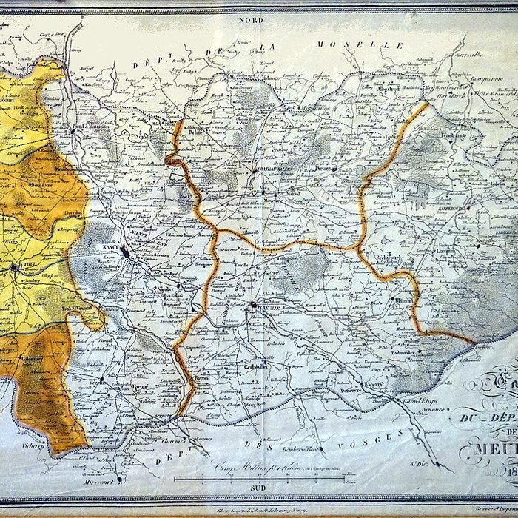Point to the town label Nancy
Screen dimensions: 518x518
[112, 250]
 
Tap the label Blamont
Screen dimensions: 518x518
[405, 302]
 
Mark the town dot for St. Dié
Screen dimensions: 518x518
[439, 467]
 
